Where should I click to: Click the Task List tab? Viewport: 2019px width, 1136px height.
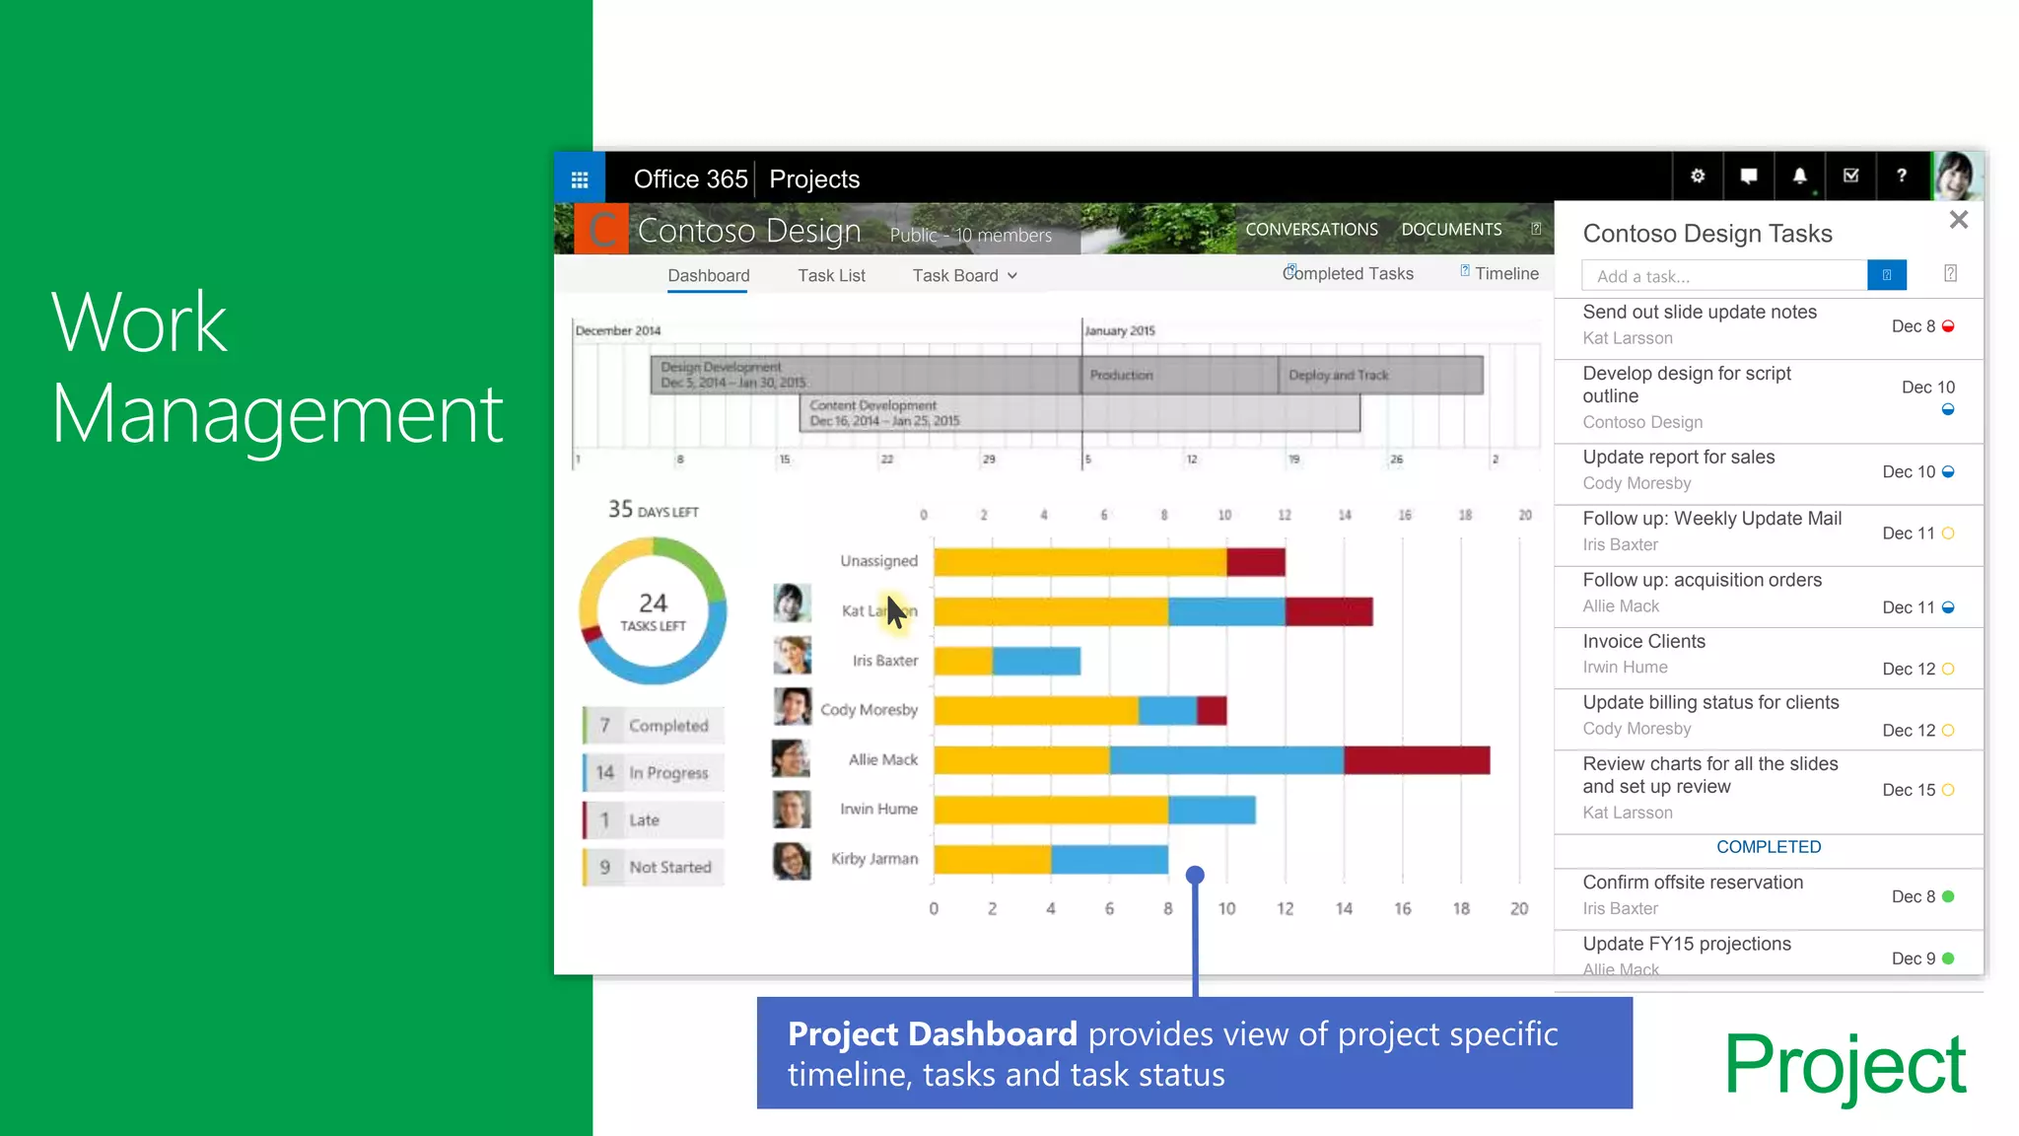(x=831, y=276)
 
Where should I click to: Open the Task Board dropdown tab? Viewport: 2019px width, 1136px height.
(x=964, y=276)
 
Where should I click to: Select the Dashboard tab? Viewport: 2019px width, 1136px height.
(x=708, y=276)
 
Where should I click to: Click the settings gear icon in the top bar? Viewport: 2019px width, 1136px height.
(x=1698, y=177)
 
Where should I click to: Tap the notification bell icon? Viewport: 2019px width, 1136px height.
(x=1799, y=177)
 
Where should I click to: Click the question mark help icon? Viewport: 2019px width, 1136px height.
(x=1901, y=177)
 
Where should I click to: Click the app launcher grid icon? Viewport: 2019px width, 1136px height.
(x=580, y=179)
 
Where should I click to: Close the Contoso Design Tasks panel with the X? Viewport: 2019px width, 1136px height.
(x=1958, y=220)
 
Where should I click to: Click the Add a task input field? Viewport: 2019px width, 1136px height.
(x=1723, y=276)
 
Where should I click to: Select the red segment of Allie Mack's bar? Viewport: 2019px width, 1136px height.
(x=1416, y=760)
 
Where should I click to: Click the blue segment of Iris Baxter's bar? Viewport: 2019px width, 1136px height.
(x=1036, y=661)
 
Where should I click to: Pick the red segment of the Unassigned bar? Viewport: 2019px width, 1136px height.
(x=1256, y=562)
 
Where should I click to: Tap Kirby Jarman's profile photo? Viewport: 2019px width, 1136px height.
(x=792, y=860)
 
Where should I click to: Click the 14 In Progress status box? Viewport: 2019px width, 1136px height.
(x=653, y=773)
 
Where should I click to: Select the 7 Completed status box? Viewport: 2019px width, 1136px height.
(x=653, y=726)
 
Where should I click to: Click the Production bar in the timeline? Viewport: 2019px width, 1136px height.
(x=1179, y=376)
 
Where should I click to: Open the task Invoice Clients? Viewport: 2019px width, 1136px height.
(x=1643, y=642)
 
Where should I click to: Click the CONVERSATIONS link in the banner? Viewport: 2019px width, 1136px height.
(x=1311, y=230)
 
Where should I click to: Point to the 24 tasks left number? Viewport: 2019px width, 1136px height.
(x=653, y=603)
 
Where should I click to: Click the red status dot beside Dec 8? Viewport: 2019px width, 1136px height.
(x=1947, y=326)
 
